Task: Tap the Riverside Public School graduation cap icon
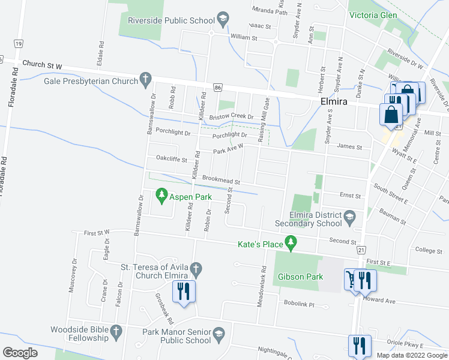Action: (x=223, y=20)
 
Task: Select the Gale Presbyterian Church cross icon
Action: (x=145, y=78)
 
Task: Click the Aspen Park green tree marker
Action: (x=161, y=195)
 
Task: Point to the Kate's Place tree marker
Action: (x=291, y=243)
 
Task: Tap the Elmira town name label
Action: (x=334, y=102)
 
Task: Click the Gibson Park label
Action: (x=301, y=277)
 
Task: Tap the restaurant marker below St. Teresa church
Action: (x=183, y=292)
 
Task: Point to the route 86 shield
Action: (x=218, y=88)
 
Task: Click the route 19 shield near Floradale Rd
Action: (x=19, y=44)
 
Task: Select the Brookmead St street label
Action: (x=221, y=179)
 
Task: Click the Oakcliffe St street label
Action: (x=172, y=160)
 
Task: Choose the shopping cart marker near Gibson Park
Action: (x=349, y=279)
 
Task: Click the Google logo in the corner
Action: (x=20, y=352)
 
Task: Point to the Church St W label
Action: (x=43, y=64)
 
